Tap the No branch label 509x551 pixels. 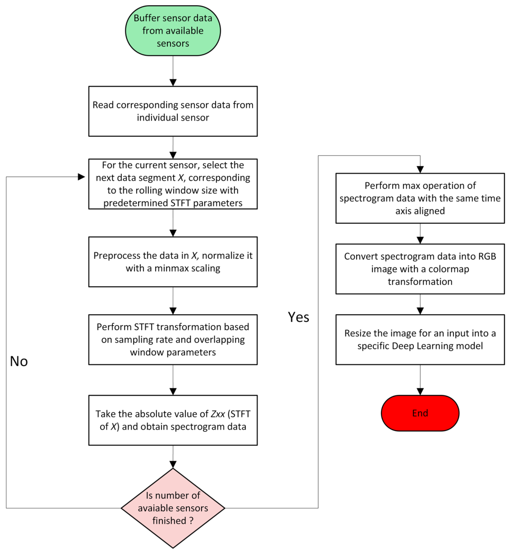tap(19, 361)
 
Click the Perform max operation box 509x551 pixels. tap(420, 198)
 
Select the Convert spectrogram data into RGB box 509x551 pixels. tap(420, 269)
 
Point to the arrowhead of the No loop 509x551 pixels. tap(81, 177)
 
